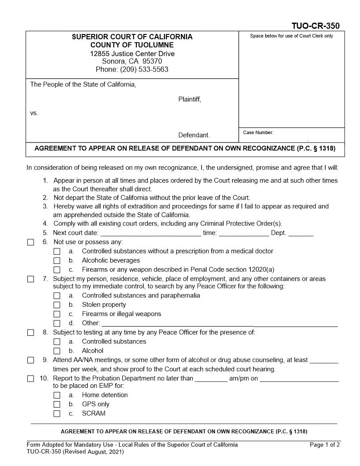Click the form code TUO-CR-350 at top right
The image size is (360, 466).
point(315,26)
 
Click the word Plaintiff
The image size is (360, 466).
point(189,99)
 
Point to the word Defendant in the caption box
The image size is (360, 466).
point(194,135)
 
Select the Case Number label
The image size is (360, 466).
point(258,132)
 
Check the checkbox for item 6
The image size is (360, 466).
point(30,242)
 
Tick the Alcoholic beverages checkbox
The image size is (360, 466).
point(56,260)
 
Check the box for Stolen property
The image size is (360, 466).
point(56,305)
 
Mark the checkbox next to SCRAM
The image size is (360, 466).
point(56,413)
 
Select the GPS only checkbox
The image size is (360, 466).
point(56,404)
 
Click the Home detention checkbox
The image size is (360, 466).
point(56,395)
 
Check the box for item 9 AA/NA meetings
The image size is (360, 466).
point(30,360)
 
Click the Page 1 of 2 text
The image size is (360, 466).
point(325,445)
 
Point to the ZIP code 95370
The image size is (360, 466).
point(151,61)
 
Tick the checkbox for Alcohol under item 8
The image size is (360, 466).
point(56,351)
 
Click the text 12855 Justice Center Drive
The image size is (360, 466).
point(132,53)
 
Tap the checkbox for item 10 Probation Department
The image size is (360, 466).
point(30,379)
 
